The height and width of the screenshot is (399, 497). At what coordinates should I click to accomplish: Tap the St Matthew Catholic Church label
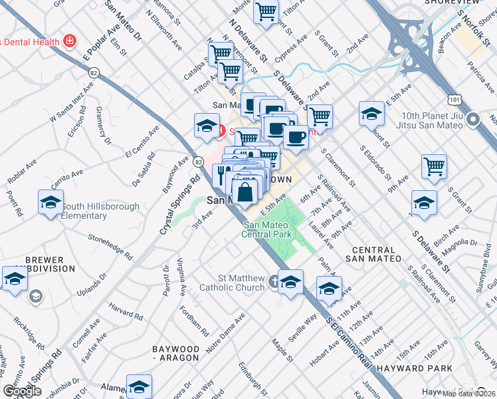(x=241, y=283)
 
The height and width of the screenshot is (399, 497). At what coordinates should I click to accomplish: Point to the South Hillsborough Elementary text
(x=100, y=211)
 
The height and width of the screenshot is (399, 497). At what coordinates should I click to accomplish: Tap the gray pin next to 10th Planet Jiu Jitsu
(x=473, y=120)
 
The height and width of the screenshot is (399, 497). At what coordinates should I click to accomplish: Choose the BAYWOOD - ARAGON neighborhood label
(x=175, y=353)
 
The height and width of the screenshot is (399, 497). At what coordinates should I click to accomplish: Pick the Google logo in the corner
(x=22, y=391)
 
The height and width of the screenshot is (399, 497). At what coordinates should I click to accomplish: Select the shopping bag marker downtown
(x=245, y=193)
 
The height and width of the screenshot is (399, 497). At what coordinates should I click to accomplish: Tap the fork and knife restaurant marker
(x=221, y=176)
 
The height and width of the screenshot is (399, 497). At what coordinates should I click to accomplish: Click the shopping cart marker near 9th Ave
(x=434, y=166)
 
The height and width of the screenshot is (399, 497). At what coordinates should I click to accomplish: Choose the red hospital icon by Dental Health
(x=69, y=42)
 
